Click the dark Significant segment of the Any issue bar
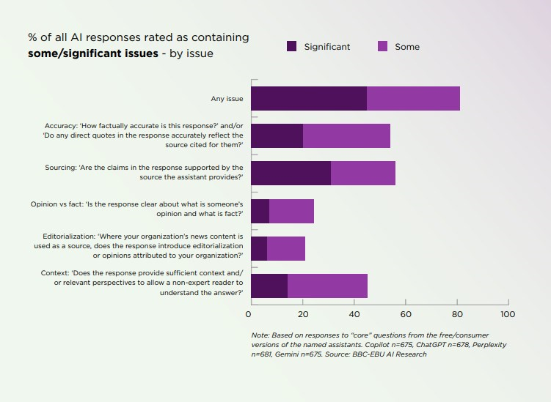309,98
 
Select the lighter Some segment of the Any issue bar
413,98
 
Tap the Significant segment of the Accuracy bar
277,135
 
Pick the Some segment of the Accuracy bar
346,135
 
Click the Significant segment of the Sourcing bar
291,173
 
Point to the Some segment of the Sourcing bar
363,173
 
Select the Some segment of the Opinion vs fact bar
291,211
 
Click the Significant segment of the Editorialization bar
259,248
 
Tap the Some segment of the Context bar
327,286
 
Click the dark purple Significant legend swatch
291,47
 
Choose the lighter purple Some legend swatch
382,47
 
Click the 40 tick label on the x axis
354,314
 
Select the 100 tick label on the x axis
507,314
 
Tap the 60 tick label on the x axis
406,314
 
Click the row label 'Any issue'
227,98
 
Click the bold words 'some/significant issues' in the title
93,53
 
